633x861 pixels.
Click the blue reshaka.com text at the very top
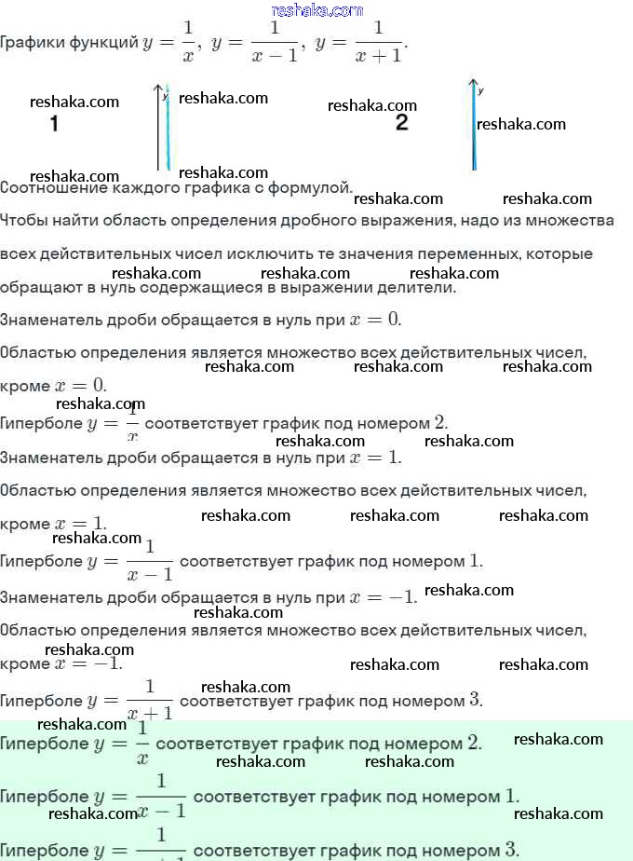(316, 10)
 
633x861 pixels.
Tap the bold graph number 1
(54, 124)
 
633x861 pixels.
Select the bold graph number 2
(401, 123)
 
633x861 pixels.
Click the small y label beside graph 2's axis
(480, 91)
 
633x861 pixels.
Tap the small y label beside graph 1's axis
(165, 96)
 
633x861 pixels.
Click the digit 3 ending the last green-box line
(512, 849)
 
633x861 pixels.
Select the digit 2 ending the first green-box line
(474, 744)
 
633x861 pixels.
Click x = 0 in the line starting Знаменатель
(375, 320)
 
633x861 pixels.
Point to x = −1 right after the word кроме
(89, 663)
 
